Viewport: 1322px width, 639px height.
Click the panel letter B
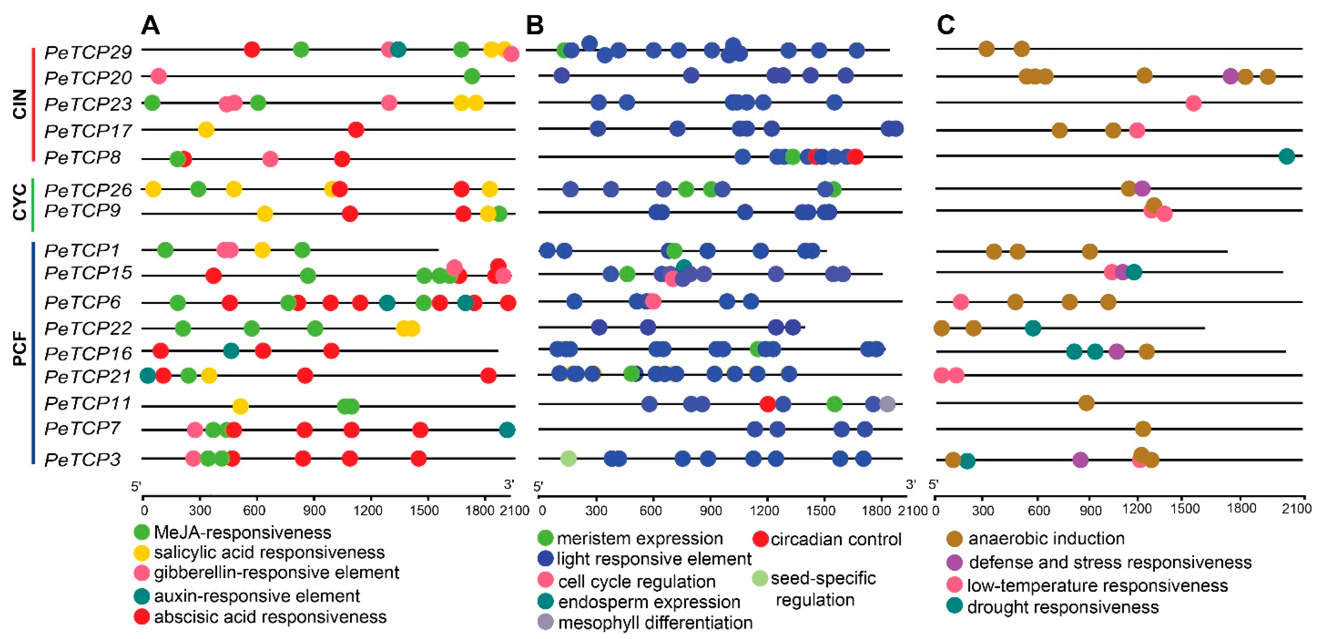[x=535, y=25]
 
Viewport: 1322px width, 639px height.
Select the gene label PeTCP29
[x=88, y=52]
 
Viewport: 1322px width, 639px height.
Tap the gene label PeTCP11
[x=88, y=404]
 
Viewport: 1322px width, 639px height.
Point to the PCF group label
[x=19, y=349]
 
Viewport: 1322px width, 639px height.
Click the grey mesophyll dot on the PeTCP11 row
[x=887, y=404]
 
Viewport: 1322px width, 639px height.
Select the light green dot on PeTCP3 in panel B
[x=568, y=459]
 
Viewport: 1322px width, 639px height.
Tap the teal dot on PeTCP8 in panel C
[x=1286, y=156]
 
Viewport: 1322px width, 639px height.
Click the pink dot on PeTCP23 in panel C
[x=1193, y=103]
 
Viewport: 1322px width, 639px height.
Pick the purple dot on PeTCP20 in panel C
[x=1230, y=77]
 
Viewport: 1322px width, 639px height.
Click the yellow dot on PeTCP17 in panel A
[x=206, y=130]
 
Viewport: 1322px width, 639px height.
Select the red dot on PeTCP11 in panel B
[x=767, y=404]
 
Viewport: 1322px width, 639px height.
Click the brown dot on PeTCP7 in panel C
[x=1142, y=429]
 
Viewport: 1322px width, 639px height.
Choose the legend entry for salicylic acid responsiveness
[x=269, y=552]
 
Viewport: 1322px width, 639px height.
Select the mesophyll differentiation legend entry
[x=655, y=623]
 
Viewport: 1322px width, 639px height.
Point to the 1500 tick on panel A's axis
[x=425, y=510]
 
